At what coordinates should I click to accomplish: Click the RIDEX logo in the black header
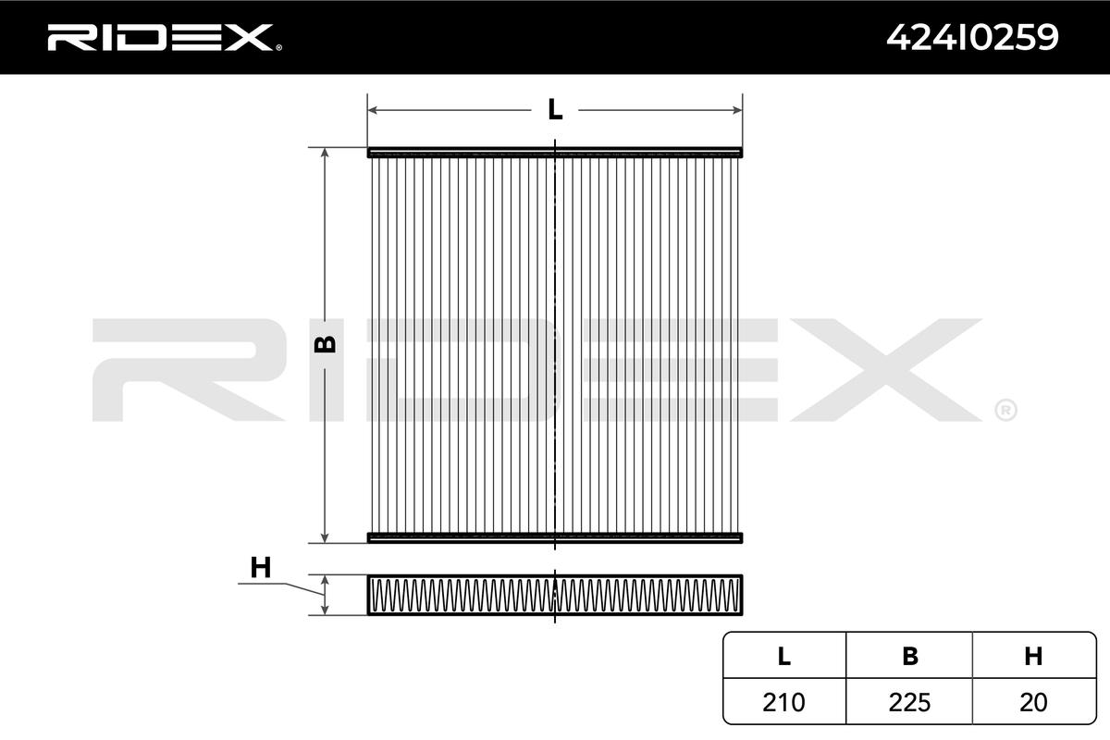coord(165,38)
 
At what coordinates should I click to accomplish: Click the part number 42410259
coord(972,38)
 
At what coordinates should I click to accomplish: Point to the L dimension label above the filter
coord(555,109)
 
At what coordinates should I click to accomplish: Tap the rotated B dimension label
coord(325,343)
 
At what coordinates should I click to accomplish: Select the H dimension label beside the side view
coord(261,568)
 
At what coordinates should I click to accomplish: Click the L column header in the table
coord(784,656)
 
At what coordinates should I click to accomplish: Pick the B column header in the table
coord(910,656)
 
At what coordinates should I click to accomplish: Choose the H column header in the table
coord(1034,656)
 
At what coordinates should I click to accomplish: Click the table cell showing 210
coord(784,702)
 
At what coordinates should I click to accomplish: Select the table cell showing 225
coord(910,702)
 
